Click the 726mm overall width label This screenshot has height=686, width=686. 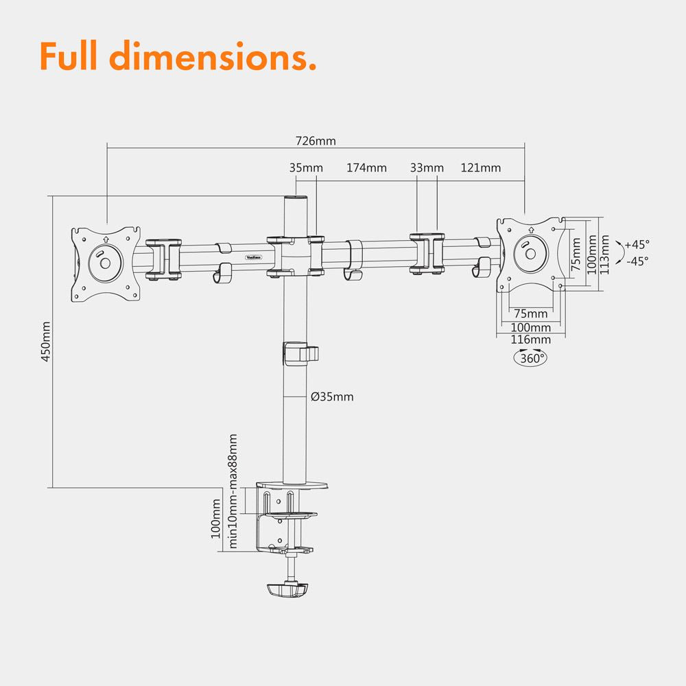316,141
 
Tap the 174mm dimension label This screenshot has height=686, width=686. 366,167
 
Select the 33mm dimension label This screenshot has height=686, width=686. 427,167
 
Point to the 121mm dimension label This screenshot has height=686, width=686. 480,167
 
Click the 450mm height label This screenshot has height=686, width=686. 46,341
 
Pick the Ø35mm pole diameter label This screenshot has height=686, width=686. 332,397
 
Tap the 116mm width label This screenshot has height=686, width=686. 531,340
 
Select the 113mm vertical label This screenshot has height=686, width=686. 604,255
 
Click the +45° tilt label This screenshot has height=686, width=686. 637,244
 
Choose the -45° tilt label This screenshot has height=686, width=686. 637,261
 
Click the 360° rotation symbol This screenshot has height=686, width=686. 531,357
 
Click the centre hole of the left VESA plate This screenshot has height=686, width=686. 105,263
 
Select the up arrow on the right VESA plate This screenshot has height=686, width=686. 531,230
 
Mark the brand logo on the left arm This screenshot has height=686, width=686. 253,257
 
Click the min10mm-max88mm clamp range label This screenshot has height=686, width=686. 233,491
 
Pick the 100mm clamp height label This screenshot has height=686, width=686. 216,519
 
